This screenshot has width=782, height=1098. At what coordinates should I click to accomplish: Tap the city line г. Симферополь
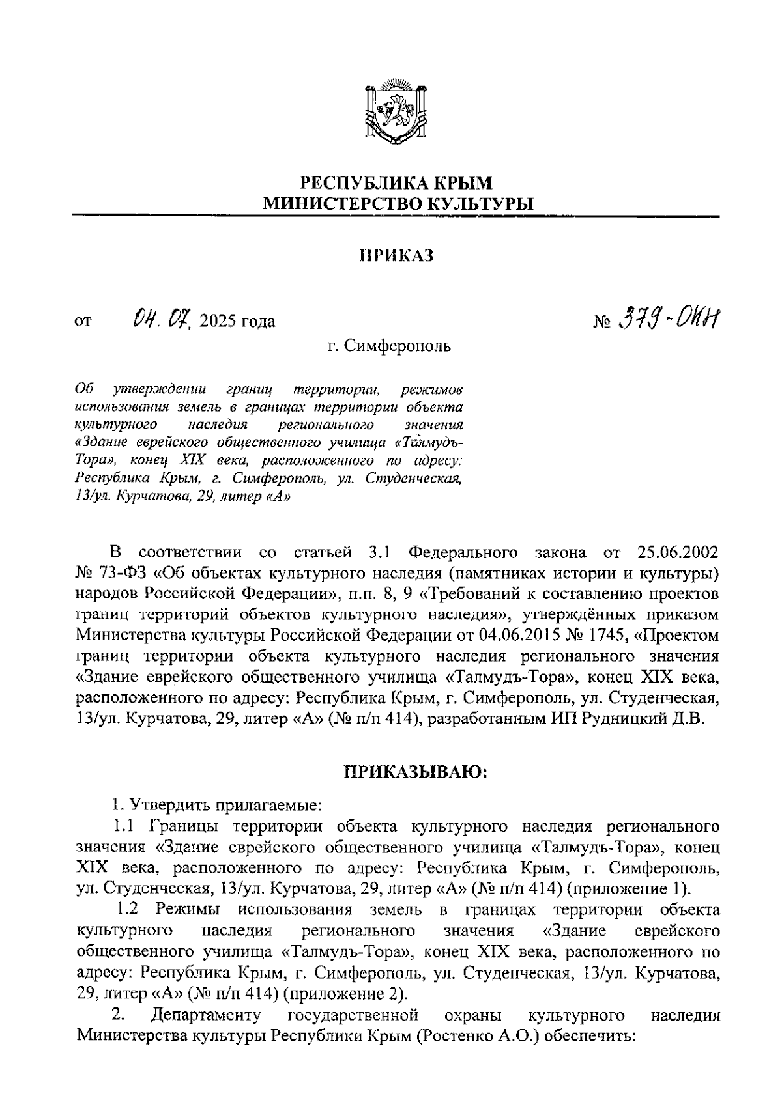pos(389,345)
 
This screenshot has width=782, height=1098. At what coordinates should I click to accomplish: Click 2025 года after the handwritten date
pos(239,321)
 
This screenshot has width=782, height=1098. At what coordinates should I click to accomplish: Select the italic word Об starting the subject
pos(85,389)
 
